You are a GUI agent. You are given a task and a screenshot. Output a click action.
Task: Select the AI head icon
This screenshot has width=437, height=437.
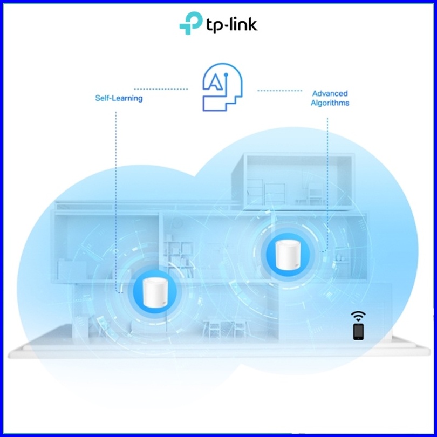click(221, 89)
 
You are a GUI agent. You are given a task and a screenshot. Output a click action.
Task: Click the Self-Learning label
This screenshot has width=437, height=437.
click(119, 99)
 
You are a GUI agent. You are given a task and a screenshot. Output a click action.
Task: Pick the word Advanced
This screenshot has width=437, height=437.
click(330, 94)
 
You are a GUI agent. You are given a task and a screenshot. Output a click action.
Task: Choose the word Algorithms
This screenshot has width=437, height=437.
click(330, 103)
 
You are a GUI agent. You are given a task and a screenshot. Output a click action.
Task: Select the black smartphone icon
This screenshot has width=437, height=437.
click(358, 331)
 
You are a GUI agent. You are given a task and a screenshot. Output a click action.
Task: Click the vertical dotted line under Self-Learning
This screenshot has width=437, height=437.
click(115, 194)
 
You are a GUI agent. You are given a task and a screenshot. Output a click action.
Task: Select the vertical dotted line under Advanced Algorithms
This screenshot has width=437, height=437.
click(327, 178)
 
